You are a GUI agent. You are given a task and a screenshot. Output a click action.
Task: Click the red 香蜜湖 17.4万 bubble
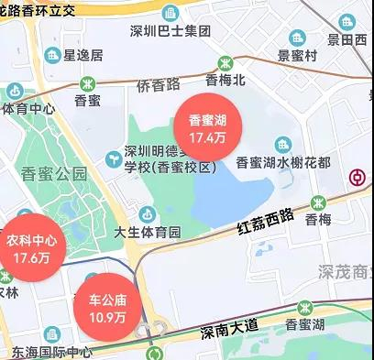click(208, 128)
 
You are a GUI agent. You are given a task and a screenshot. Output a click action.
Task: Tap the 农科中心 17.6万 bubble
click(31, 247)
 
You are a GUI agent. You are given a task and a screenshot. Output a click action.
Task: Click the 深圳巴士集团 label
click(170, 31)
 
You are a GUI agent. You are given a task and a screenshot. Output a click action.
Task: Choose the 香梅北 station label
click(225, 80)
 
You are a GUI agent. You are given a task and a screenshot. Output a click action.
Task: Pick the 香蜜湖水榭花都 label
click(282, 163)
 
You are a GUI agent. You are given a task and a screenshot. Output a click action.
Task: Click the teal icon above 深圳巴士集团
click(170, 13)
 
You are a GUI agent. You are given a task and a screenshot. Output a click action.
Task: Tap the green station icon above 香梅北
click(225, 62)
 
